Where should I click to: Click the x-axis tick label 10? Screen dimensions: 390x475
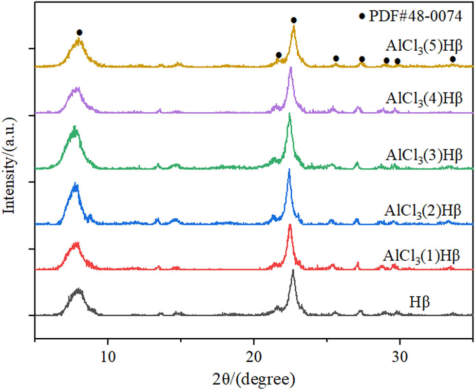(108, 353)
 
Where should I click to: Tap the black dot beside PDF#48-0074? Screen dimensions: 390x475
(361, 16)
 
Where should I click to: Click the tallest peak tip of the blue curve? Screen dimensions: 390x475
(289, 169)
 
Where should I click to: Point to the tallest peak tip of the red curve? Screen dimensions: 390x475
(290, 225)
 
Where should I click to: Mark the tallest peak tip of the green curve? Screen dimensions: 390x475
(290, 114)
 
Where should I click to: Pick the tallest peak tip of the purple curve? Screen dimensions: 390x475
(290, 67)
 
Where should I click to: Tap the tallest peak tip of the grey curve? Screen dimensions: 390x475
(293, 270)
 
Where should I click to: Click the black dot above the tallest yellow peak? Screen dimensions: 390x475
(293, 20)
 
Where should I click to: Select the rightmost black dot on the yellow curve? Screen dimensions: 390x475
(453, 59)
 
